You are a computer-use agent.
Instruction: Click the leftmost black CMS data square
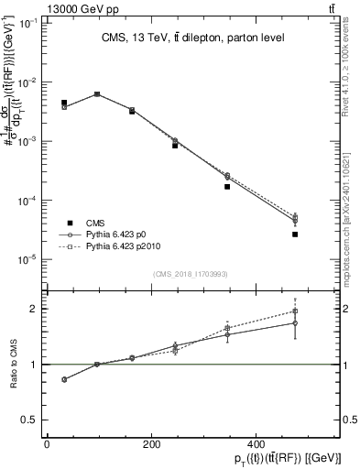(64, 103)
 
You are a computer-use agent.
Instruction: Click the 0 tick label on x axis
(47, 444)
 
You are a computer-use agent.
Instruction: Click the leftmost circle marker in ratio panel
(64, 379)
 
